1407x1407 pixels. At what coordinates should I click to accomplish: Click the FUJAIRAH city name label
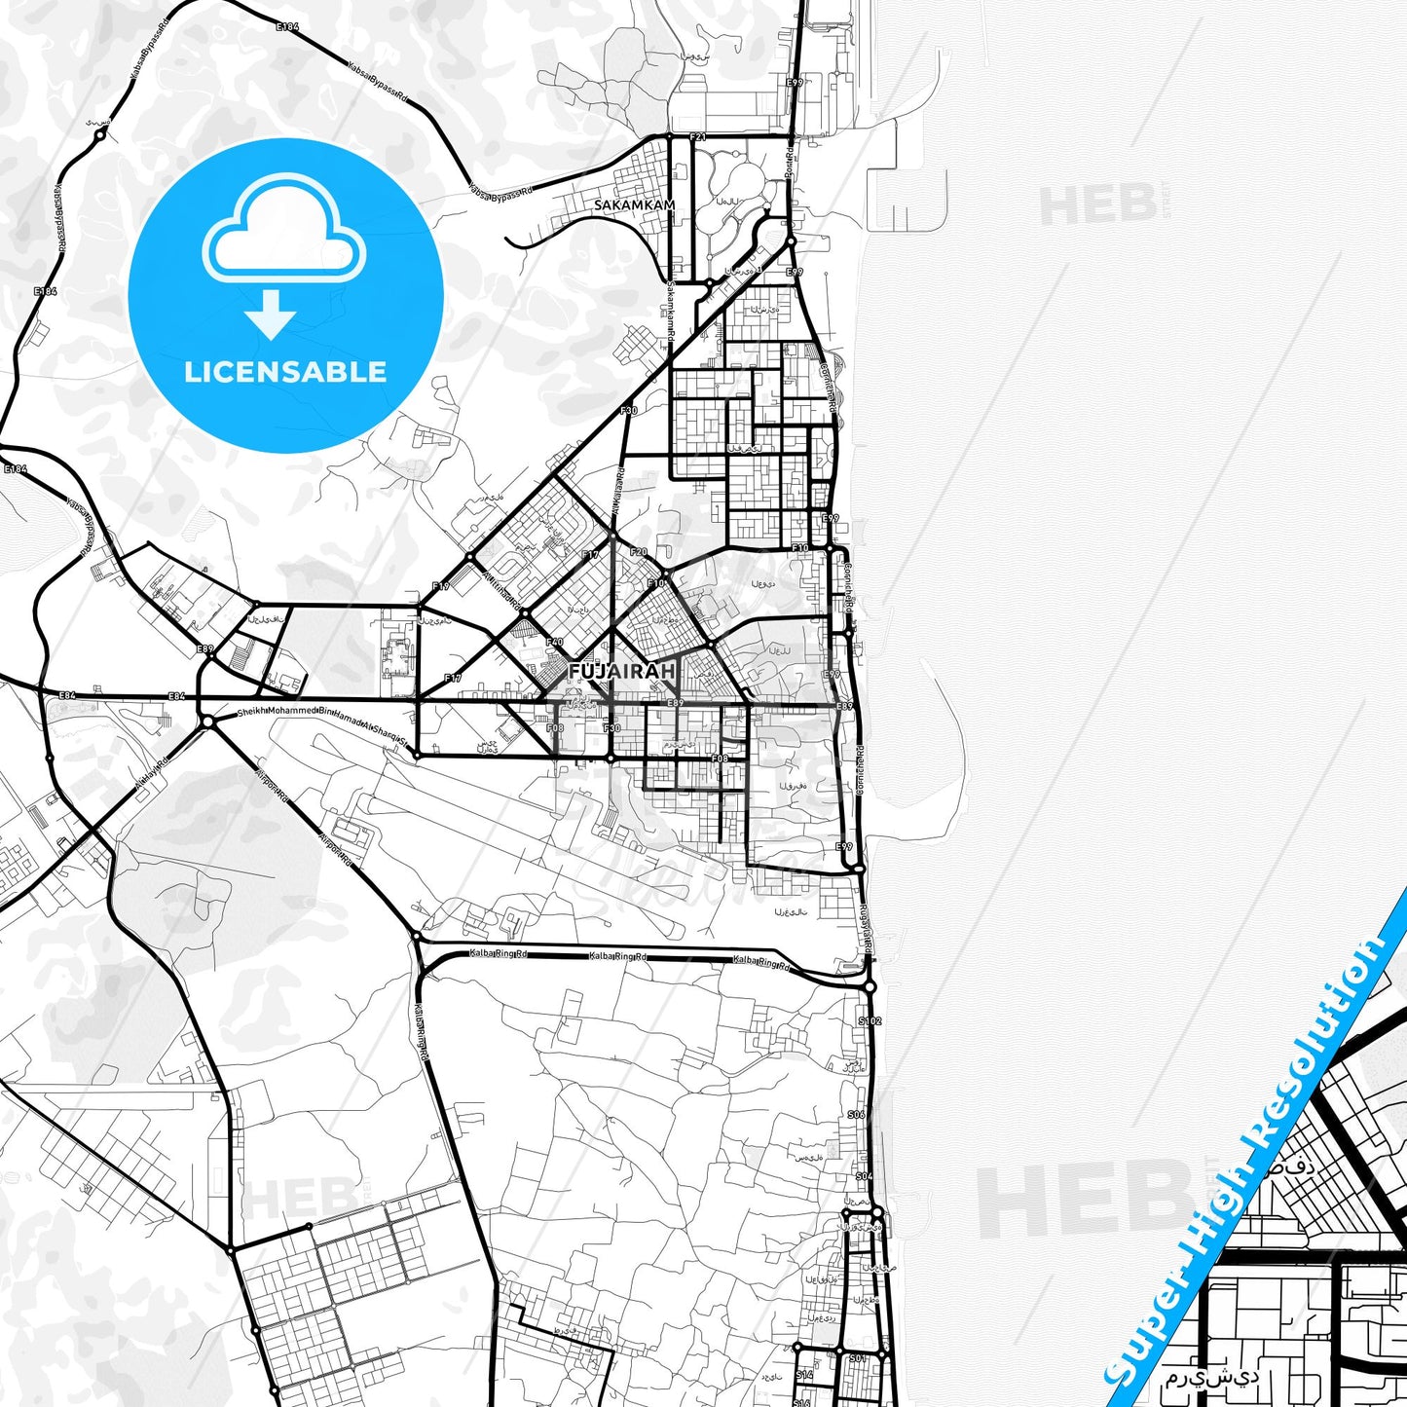click(621, 672)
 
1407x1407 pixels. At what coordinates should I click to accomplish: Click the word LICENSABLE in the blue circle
click(285, 372)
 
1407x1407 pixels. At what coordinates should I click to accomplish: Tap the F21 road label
click(696, 137)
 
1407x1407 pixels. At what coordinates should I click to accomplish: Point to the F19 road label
click(441, 586)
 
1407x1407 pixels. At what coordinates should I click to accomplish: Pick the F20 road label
click(639, 552)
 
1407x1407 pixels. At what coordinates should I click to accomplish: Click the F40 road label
click(555, 642)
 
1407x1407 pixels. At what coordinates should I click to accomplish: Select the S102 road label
click(869, 1020)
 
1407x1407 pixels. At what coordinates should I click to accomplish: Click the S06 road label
click(856, 1114)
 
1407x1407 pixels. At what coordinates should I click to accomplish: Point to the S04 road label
click(864, 1176)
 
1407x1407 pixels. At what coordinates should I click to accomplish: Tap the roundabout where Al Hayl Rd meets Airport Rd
click(207, 722)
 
